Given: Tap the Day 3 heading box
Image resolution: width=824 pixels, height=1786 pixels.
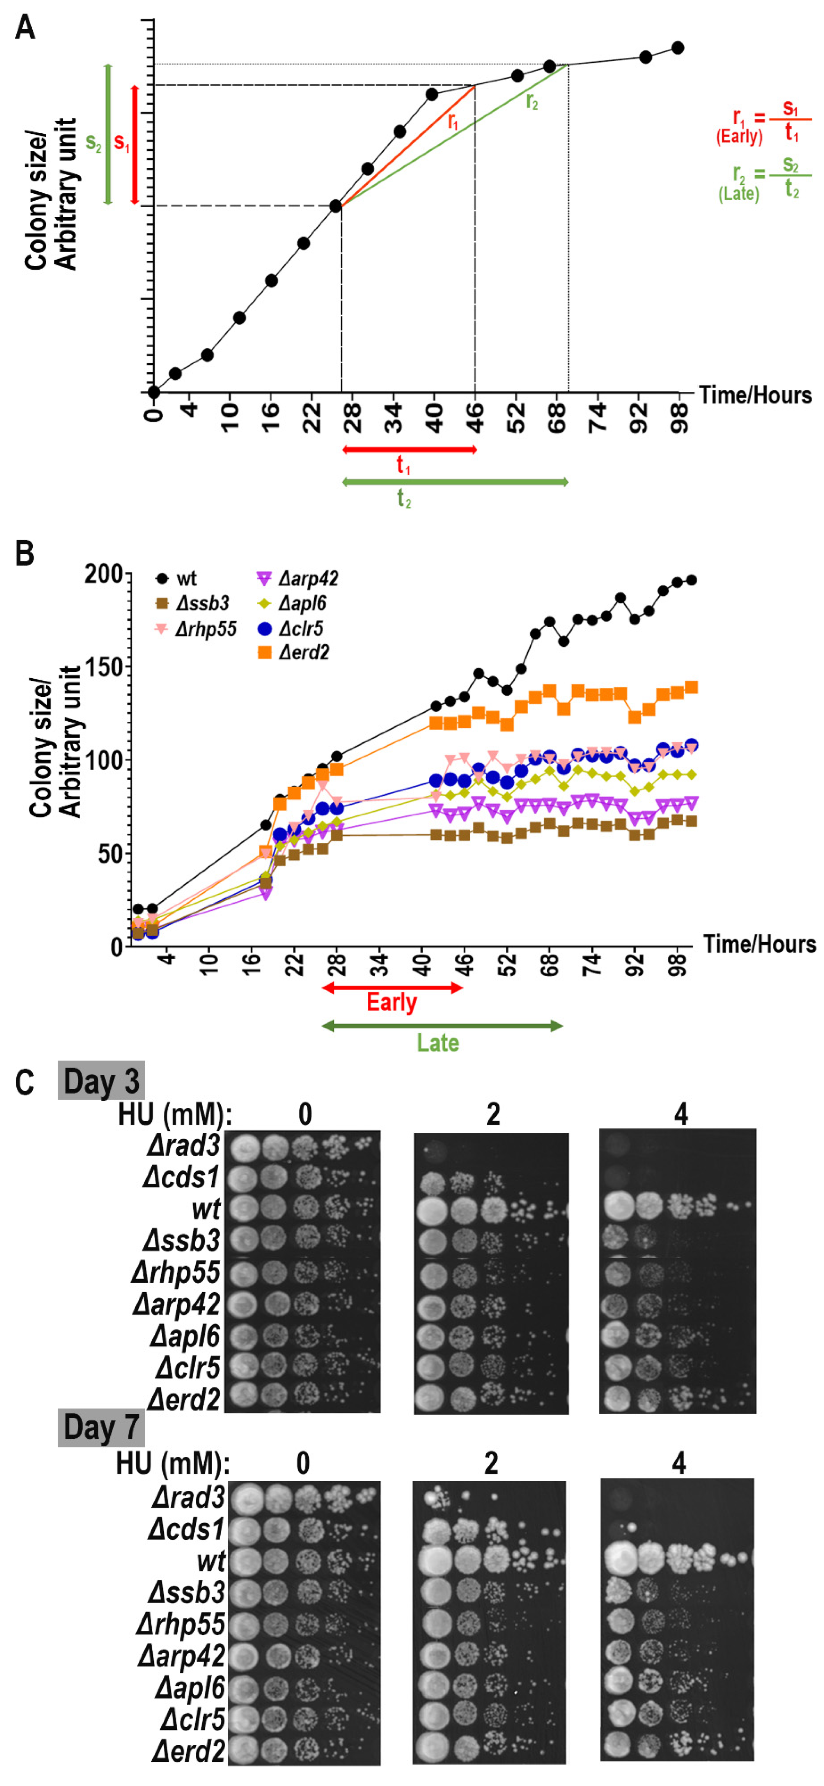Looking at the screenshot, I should [101, 1081].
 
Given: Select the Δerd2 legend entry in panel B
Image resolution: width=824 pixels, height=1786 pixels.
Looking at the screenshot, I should [293, 653].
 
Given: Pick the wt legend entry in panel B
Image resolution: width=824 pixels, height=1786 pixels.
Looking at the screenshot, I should [177, 578].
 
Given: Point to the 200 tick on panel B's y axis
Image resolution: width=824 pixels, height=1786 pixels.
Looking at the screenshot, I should [104, 574].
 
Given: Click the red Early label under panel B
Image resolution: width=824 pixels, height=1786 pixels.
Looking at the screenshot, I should [392, 1003].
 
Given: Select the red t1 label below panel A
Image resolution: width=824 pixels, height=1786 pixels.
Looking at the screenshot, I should [403, 465].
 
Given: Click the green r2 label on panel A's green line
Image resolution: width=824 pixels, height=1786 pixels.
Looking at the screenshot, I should [531, 102].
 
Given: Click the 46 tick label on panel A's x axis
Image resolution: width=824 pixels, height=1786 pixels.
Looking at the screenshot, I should [475, 418].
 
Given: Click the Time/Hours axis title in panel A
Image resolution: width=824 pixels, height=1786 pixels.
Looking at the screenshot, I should [755, 395].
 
